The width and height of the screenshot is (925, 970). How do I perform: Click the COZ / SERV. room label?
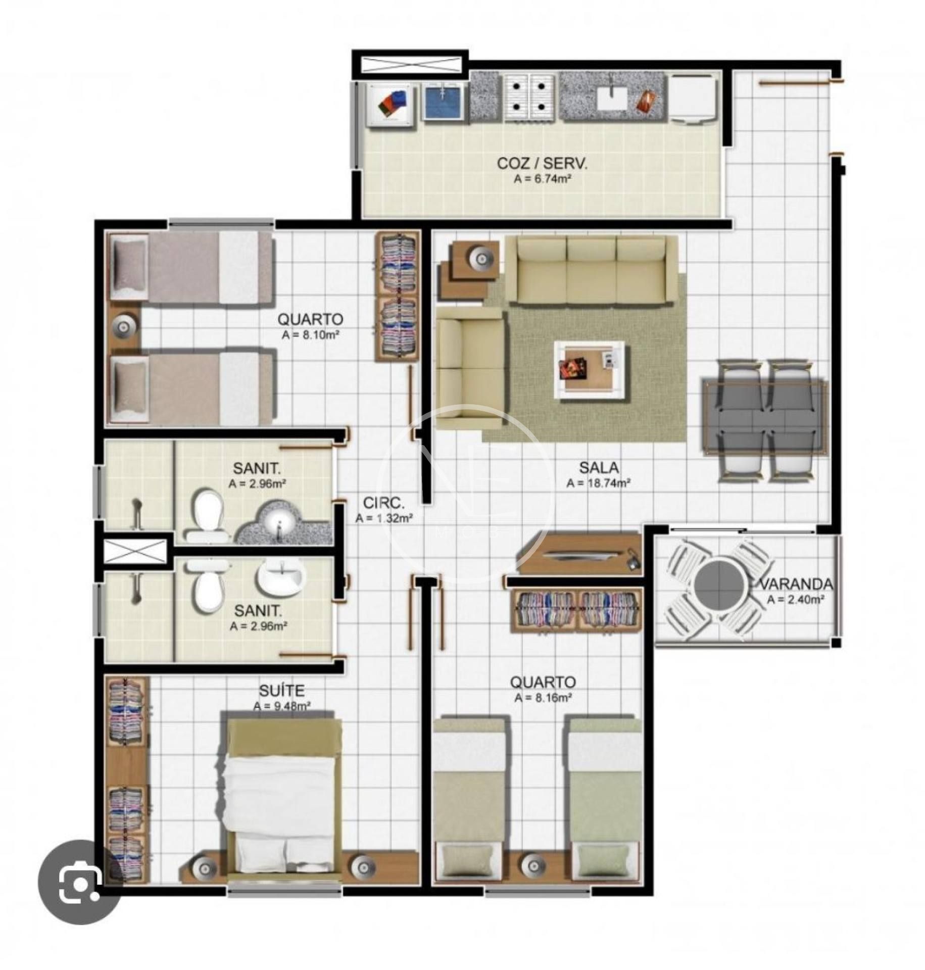pyautogui.click(x=542, y=163)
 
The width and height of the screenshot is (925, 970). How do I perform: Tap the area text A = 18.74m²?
pyautogui.click(x=598, y=483)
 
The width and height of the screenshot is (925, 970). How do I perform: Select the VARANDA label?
pyautogui.click(x=796, y=585)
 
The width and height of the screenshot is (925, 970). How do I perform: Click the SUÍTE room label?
pyautogui.click(x=281, y=690)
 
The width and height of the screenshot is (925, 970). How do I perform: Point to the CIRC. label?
pyautogui.click(x=384, y=503)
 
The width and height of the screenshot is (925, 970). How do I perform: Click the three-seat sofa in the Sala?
pyautogui.click(x=591, y=271)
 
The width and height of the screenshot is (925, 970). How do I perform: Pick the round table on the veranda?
pyautogui.click(x=719, y=586)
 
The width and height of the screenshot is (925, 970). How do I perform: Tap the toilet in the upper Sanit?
pyautogui.click(x=207, y=514)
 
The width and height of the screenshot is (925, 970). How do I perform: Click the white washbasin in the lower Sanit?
pyautogui.click(x=280, y=575)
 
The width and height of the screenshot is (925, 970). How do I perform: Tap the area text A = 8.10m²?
pyautogui.click(x=310, y=334)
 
